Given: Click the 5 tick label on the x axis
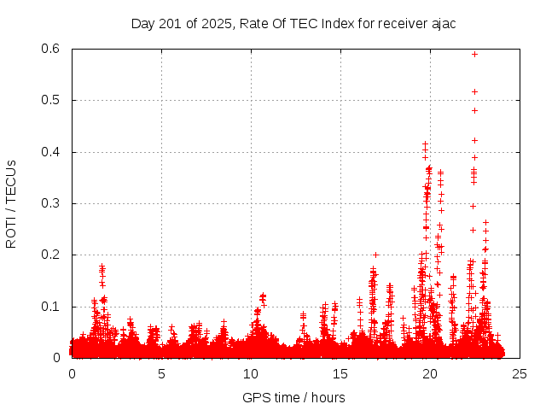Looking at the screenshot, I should point(161,373).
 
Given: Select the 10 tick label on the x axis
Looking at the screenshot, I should point(251,373).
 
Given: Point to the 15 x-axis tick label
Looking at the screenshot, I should point(340,373).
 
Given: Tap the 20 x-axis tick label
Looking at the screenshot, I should point(430,373).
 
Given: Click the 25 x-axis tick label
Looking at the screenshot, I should point(520,373).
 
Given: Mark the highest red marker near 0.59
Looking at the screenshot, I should point(474,54).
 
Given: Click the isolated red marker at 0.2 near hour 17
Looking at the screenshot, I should point(375,255).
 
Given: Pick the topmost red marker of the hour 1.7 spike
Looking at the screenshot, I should point(102,266).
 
